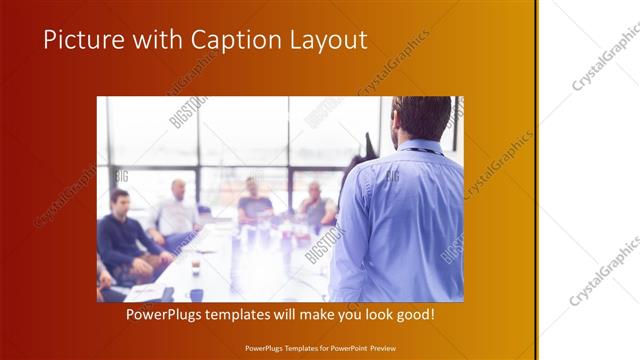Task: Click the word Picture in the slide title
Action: coord(82,40)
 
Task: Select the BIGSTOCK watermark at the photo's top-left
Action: coord(187,112)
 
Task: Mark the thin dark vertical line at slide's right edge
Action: coord(538,180)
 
